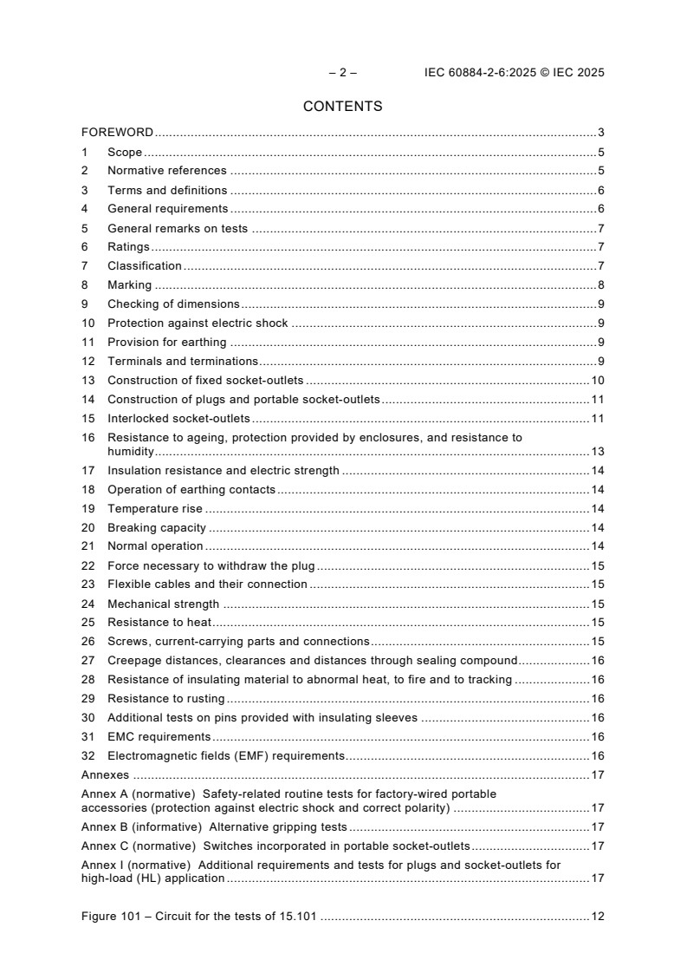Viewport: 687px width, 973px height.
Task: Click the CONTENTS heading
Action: click(342, 107)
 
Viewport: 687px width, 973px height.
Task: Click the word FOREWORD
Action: click(117, 133)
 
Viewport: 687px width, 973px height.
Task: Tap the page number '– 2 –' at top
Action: click(342, 73)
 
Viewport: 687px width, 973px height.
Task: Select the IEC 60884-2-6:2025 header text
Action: click(514, 73)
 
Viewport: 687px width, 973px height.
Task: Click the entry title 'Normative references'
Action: click(166, 171)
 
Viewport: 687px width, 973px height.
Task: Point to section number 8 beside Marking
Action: click(85, 284)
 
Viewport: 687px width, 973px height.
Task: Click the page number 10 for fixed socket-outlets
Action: click(597, 380)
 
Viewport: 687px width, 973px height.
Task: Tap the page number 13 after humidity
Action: click(597, 452)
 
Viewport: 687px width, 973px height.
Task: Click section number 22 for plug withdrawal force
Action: click(87, 565)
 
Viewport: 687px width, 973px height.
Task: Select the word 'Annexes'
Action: click(105, 775)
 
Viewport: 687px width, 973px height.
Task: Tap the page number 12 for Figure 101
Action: click(597, 917)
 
